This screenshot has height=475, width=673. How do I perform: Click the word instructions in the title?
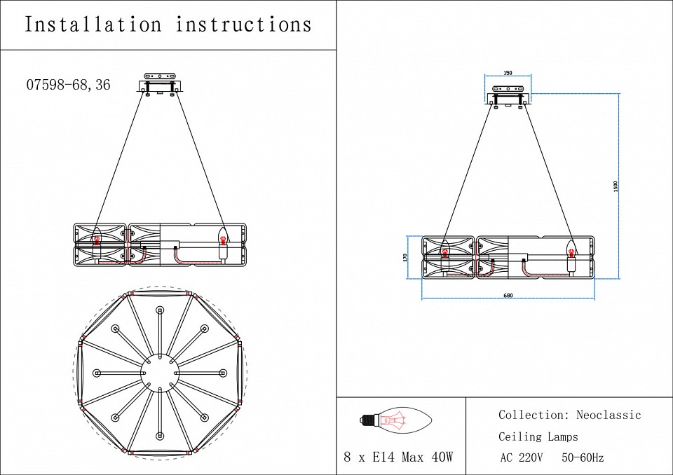[243, 25]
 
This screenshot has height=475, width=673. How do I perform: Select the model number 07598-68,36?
[68, 85]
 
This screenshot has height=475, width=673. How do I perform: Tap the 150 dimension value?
[508, 73]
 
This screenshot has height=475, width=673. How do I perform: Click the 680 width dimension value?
[508, 295]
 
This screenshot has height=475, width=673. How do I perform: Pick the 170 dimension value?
[405, 257]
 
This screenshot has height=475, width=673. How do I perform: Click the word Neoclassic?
[609, 415]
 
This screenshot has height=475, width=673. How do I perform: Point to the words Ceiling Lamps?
[538, 436]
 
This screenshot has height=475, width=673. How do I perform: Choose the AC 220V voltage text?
[522, 458]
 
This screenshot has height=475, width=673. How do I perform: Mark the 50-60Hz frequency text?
[583, 458]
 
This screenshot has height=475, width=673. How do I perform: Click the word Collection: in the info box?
[533, 415]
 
